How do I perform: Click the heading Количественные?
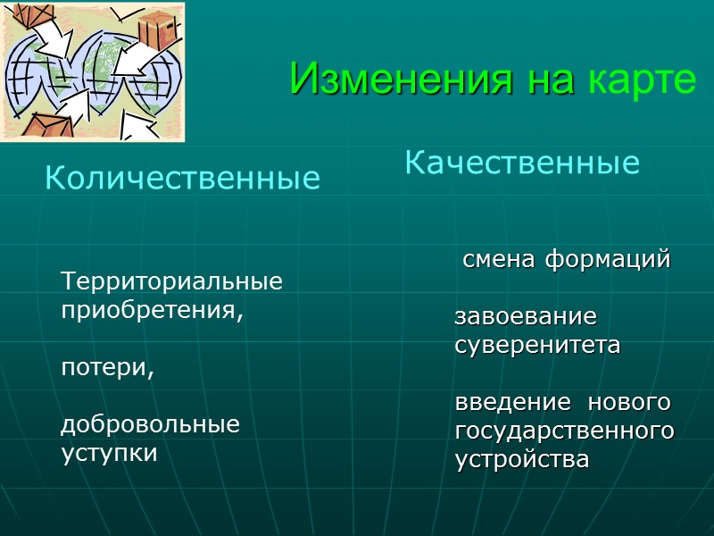pos(182,179)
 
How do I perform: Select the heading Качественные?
pos(522,163)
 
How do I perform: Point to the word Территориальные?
pos(171,282)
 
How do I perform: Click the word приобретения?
pos(151,313)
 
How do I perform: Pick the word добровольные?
pos(151,424)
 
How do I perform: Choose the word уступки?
pos(109,453)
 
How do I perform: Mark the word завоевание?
pos(526,317)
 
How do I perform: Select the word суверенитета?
pos(537,346)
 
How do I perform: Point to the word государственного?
pos(564,431)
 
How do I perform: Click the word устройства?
pos(522,460)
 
